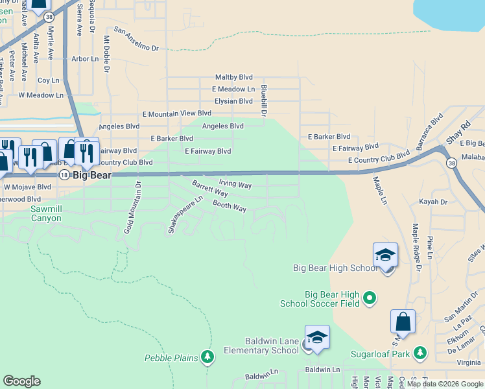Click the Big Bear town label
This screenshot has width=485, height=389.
(91, 175)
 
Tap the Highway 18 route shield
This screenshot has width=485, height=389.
(64, 175)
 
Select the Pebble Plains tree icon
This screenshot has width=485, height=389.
(207, 356)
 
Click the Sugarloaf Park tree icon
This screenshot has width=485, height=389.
(421, 352)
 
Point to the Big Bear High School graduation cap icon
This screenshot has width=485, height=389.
(385, 256)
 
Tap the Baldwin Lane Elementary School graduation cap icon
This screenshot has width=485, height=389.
(317, 338)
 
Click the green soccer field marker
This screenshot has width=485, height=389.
(370, 298)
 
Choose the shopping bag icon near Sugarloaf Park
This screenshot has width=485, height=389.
(403, 322)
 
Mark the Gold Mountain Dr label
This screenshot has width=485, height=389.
(133, 208)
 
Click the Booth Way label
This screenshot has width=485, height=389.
(230, 206)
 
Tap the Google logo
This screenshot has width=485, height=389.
(21, 381)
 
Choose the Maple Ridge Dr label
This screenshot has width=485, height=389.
(416, 248)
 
